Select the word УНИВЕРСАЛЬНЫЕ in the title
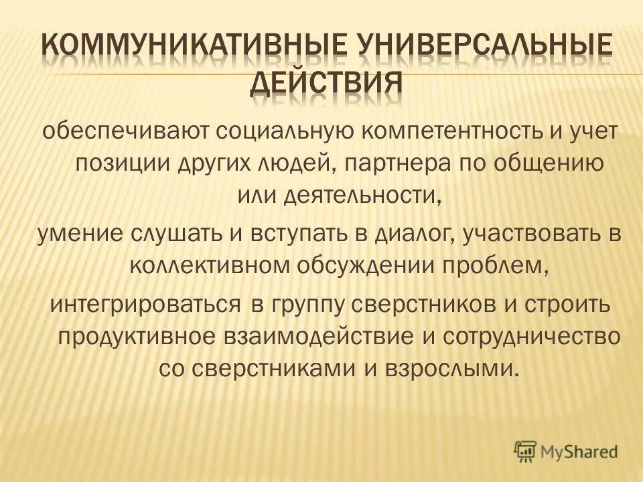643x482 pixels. [x=475, y=48]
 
